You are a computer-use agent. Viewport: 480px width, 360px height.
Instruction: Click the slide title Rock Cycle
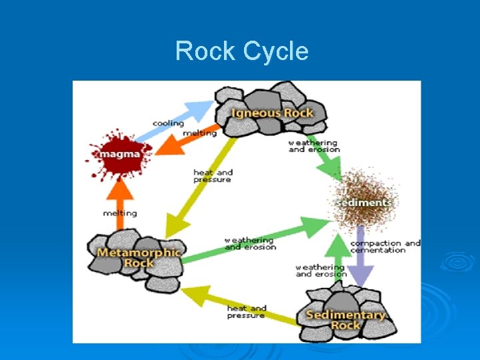[x=241, y=51]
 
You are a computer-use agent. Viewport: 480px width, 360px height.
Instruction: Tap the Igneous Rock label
[x=272, y=112]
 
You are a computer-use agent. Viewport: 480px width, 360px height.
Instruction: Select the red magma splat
[x=119, y=155]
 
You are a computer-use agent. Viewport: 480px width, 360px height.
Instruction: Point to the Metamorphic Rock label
[x=138, y=257]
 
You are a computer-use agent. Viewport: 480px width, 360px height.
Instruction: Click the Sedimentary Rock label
[x=345, y=319]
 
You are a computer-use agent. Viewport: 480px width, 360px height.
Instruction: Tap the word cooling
[x=168, y=123]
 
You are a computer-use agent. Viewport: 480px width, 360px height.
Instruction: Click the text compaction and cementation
[x=385, y=247]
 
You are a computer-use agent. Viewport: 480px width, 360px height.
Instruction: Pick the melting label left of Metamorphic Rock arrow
[x=120, y=213]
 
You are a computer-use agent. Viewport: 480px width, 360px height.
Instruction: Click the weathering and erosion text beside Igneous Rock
[x=313, y=146]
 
